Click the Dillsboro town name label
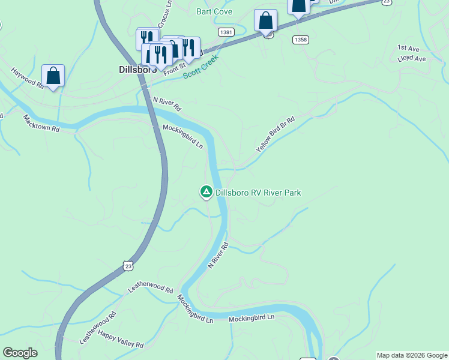tap(134, 70)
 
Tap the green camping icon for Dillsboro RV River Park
tap(206, 192)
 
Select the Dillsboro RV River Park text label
tap(258, 193)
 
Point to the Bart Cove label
tap(214, 11)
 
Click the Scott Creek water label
tap(199, 68)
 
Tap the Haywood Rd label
tap(28, 77)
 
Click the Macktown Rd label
tap(41, 123)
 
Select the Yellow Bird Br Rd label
tap(275, 133)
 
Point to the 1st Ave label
tap(408, 48)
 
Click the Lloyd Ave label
tap(411, 59)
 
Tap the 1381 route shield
tap(226, 31)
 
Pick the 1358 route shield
tap(301, 40)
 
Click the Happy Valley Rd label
tap(121, 340)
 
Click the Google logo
tap(20, 353)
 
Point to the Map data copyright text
tap(412, 355)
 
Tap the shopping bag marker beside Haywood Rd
tap(53, 76)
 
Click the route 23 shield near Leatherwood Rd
tap(127, 265)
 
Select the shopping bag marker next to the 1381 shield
tap(265, 20)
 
